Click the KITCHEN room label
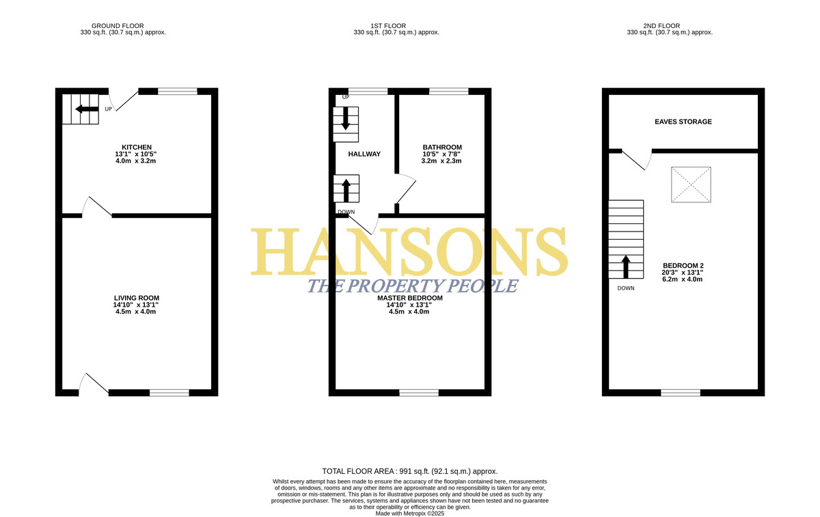137,147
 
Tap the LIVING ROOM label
137,298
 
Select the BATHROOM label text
442,147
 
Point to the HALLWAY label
364,154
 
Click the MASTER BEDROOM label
409,298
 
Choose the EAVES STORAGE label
683,122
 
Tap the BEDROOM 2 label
683,266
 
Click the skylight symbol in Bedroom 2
691,184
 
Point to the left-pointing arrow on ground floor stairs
87,109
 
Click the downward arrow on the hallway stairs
346,119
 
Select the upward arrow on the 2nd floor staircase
626,267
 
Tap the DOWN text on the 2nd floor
626,288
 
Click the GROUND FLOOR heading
118,26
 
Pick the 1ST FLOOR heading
388,26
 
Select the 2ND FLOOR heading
661,26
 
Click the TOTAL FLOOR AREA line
409,471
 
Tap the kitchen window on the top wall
178,91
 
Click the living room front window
169,393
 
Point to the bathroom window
449,91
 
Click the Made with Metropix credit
409,514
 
